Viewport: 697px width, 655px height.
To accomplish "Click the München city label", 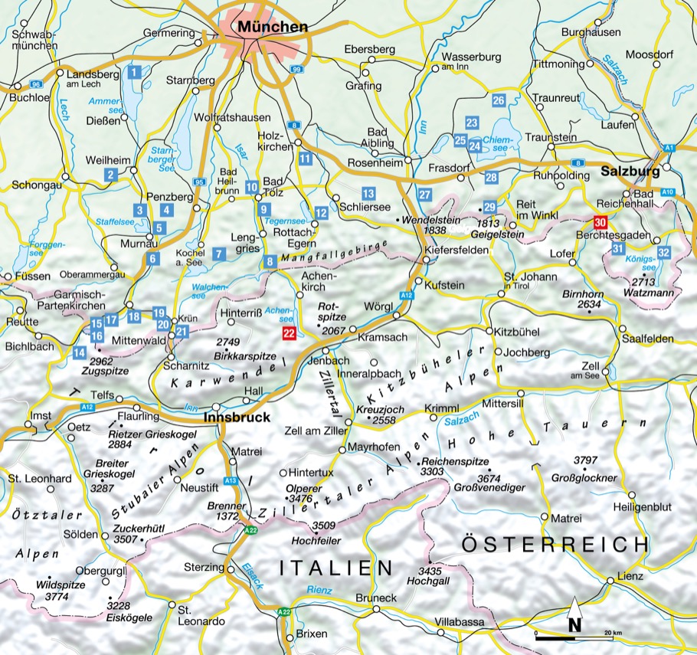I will click(x=273, y=27).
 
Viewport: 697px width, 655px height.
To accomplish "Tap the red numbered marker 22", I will click(x=289, y=332).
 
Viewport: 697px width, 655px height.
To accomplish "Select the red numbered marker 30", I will click(x=600, y=223).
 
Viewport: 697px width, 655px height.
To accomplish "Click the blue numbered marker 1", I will click(x=134, y=73).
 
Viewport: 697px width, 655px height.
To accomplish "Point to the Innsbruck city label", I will click(x=237, y=418).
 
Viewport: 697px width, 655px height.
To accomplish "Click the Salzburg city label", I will click(x=630, y=172).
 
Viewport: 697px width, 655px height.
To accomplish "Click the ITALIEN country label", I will click(x=335, y=568).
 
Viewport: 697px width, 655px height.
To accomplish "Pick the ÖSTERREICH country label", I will click(x=555, y=544).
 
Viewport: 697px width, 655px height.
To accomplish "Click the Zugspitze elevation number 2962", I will click(x=101, y=360).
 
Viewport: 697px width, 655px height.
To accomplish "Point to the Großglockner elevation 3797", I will click(x=585, y=460).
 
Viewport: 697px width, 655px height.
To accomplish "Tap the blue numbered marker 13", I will click(x=368, y=194).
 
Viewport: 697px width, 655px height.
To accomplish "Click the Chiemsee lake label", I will click(x=499, y=139).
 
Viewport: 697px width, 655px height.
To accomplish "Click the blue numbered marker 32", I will click(x=664, y=252).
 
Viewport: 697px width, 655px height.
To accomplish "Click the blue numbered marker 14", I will click(x=80, y=352).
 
